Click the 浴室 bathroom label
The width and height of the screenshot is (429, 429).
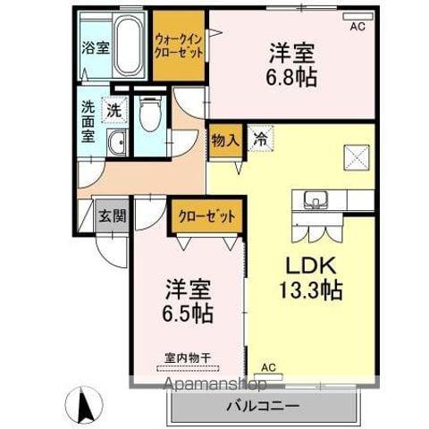pyautogui.click(x=91, y=46)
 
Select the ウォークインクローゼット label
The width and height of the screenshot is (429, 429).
pyautogui.click(x=178, y=46)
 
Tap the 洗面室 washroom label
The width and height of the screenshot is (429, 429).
pyautogui.click(x=88, y=121)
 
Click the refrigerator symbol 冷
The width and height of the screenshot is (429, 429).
pyautogui.click(x=259, y=140)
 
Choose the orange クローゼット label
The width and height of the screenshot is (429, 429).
pyautogui.click(x=206, y=215)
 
